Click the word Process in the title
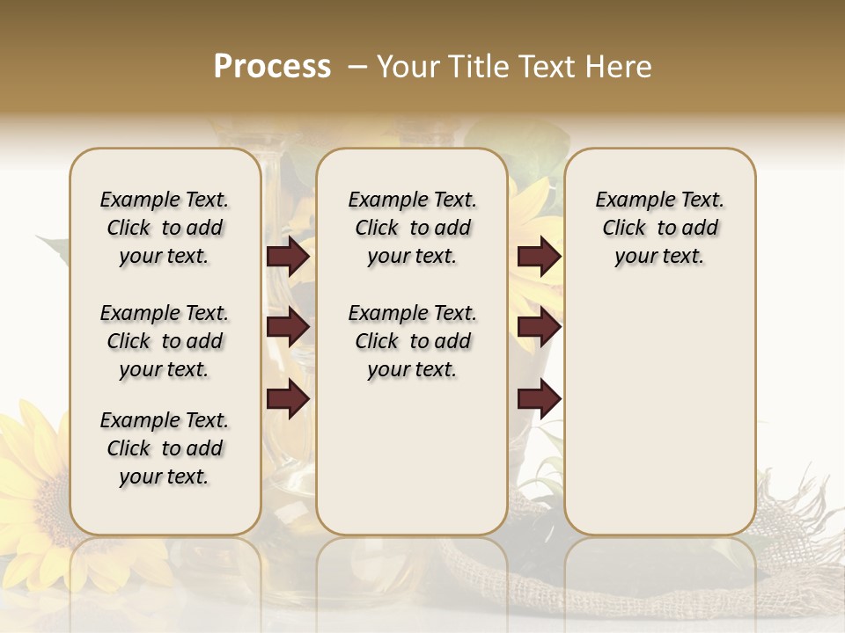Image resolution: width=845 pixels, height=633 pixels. tap(272, 67)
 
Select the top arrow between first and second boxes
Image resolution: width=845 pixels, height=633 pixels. tap(288, 256)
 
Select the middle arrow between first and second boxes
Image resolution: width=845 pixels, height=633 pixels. tap(288, 327)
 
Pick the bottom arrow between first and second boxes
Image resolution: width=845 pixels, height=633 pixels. tap(288, 398)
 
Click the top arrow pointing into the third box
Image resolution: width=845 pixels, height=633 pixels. tap(539, 256)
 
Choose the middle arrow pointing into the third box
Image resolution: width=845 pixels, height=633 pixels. tap(539, 327)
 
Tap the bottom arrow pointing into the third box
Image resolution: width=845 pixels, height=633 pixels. tap(539, 398)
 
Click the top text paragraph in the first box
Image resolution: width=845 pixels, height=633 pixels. tap(165, 228)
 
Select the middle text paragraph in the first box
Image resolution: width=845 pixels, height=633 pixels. tap(165, 341)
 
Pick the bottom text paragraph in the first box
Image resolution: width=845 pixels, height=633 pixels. tap(165, 448)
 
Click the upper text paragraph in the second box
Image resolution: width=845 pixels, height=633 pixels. tap(413, 228)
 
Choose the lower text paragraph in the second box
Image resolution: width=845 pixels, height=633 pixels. tap(413, 341)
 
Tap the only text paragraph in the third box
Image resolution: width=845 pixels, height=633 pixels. tap(660, 228)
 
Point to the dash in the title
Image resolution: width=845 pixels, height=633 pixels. tap(356, 67)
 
